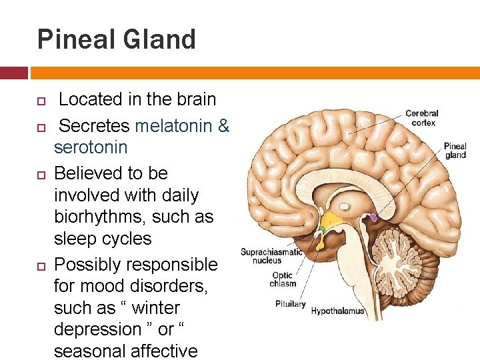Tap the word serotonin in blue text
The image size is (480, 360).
(91, 147)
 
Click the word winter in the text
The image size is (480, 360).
(156, 308)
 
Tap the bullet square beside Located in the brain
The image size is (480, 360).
(39, 101)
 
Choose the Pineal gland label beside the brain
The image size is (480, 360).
(455, 151)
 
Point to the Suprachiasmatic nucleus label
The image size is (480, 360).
(271, 256)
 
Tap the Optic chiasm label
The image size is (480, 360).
(283, 279)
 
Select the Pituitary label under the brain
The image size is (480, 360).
(289, 304)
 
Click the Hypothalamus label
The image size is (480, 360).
(338, 311)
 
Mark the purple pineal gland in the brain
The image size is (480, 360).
(373, 217)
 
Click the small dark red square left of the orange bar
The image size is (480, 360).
(13, 72)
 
